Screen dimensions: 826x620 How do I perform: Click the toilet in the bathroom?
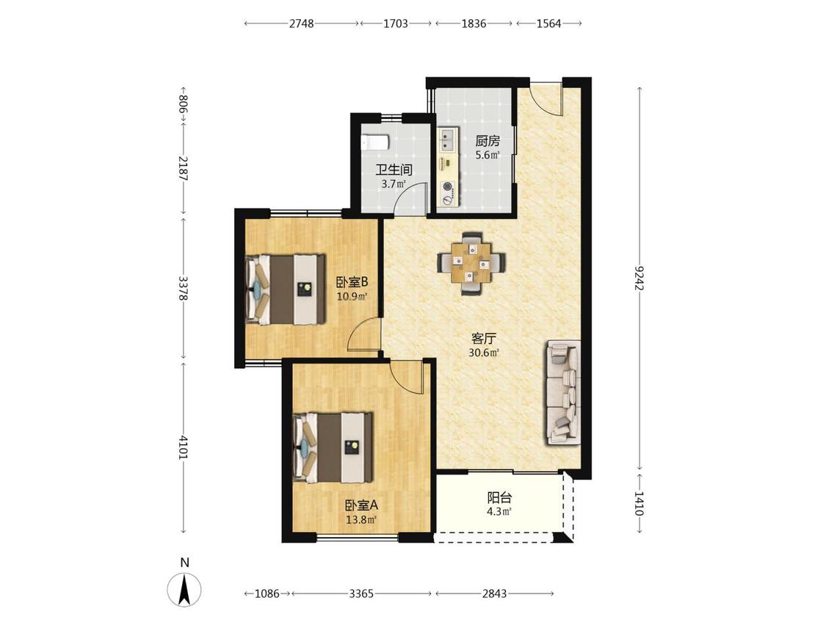[x=375, y=142]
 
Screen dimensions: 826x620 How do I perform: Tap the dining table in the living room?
[x=471, y=262]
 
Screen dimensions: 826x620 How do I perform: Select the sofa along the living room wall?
[x=563, y=392]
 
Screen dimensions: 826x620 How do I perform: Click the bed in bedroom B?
[x=285, y=289]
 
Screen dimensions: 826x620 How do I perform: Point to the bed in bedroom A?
[x=333, y=447]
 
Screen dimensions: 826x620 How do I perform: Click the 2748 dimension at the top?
[x=301, y=24]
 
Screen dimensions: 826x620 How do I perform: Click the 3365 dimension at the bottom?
[x=361, y=594]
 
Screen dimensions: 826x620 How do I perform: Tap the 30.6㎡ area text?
[x=484, y=353]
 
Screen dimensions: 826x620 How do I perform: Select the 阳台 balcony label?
[x=499, y=497]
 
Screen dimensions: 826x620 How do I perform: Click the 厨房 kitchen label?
[x=488, y=141]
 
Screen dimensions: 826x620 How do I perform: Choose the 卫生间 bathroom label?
[x=394, y=170]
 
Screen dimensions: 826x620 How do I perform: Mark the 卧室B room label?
[x=352, y=282]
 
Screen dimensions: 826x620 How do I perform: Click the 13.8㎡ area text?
[x=361, y=520]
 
